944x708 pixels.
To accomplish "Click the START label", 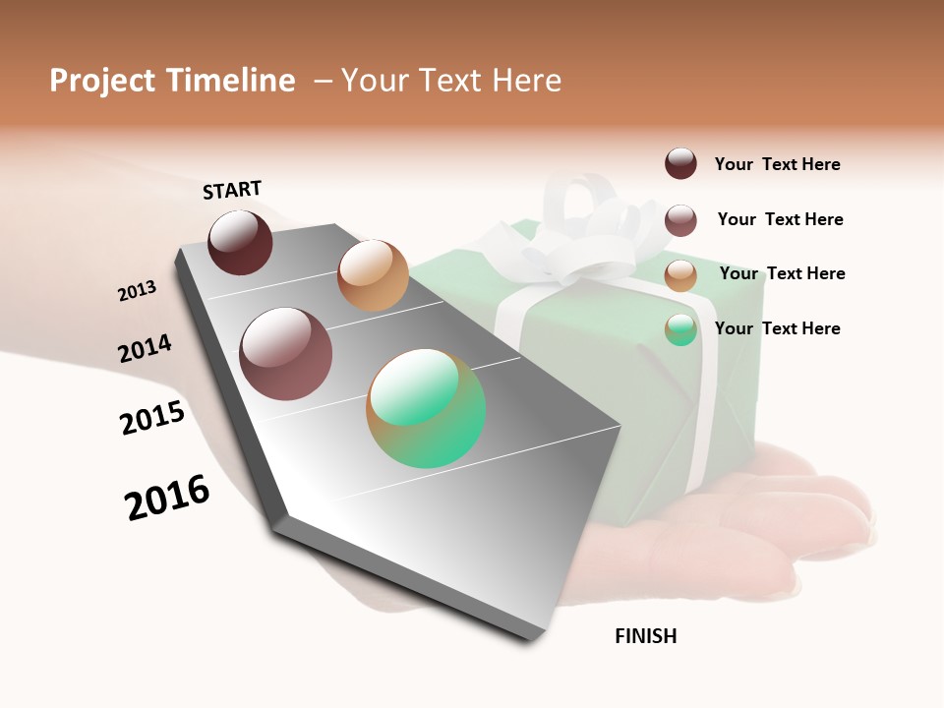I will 232,189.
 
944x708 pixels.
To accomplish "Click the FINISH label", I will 645,636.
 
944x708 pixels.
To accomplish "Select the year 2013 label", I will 137,291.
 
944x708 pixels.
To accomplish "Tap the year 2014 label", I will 145,349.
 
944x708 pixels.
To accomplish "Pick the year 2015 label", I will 152,418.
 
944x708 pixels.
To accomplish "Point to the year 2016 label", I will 167,498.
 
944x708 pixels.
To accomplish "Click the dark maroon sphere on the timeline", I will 240,242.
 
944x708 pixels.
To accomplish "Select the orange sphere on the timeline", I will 373,274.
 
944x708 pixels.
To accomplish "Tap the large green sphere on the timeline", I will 426,407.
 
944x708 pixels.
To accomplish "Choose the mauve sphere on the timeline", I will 285,354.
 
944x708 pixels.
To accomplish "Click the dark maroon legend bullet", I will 680,163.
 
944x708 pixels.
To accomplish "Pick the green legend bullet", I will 680,329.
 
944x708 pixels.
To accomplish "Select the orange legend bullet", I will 680,275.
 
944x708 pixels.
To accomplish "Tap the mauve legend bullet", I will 680,220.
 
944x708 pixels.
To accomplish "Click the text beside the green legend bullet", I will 777,328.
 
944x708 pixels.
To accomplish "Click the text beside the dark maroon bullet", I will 777,164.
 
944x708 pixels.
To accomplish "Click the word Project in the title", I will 102,81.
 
